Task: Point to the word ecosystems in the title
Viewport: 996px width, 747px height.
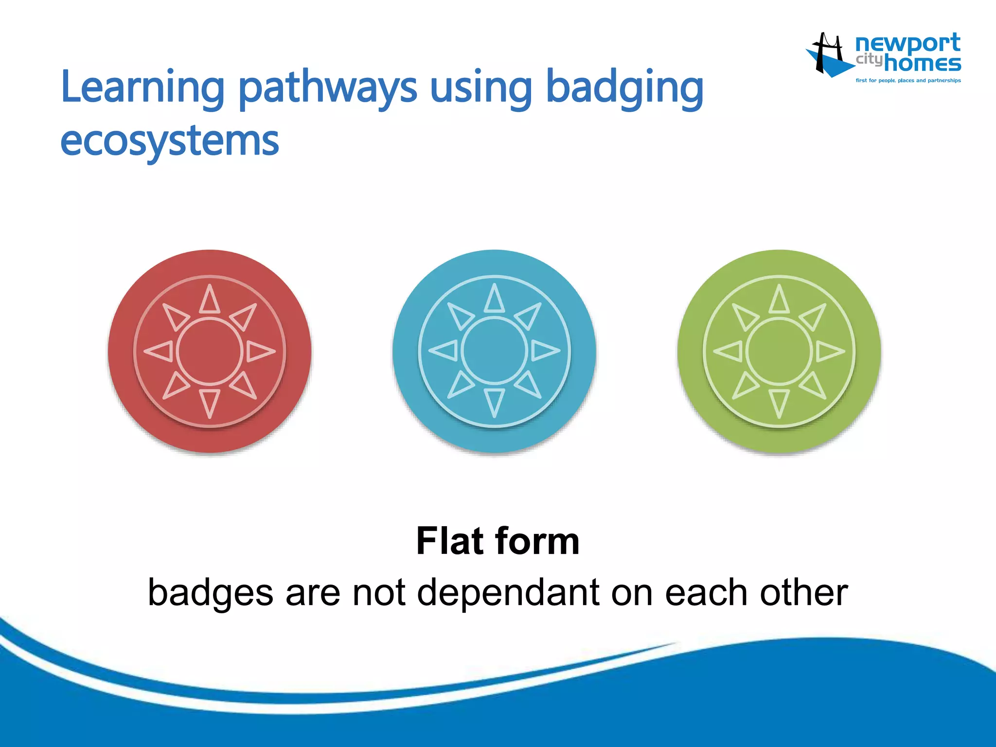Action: [169, 141]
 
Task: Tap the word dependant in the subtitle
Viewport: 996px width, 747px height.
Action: [508, 593]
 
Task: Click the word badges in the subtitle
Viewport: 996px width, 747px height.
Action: [211, 593]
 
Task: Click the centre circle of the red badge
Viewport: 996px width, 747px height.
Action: [210, 351]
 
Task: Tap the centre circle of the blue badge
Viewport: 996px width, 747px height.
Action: [494, 351]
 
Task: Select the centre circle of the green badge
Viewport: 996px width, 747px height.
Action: [779, 351]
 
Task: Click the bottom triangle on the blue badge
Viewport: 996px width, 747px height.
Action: [494, 402]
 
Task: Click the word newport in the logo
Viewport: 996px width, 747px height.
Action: [907, 44]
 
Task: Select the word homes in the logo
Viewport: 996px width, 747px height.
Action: [922, 64]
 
